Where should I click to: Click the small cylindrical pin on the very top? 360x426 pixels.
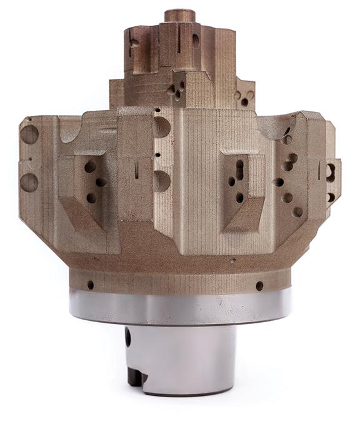coord(180,16)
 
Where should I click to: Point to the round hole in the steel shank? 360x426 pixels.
coord(128,338)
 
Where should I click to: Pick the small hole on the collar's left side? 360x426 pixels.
coord(91,285)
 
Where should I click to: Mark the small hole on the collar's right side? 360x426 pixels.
coord(259,286)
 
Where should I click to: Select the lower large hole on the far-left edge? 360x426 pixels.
coord(29,183)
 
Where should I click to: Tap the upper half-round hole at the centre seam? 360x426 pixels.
coord(161,128)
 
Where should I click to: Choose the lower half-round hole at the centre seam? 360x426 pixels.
coord(161,181)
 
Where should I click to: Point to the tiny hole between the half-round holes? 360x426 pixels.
coord(158,154)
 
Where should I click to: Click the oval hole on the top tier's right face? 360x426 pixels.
coord(196,41)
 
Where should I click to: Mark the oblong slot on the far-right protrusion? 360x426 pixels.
coord(331,169)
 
